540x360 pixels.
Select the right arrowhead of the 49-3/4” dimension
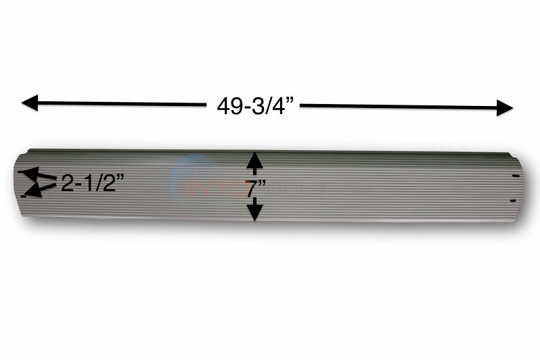[x=505, y=107]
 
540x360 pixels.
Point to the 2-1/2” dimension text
[x=90, y=183]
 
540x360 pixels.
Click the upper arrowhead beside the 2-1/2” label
[x=31, y=175]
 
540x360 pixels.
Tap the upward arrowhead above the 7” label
[x=253, y=161]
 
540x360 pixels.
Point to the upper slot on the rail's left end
[x=21, y=172]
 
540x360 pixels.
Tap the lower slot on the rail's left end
[x=24, y=197]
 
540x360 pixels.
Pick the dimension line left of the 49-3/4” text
[x=122, y=104]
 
